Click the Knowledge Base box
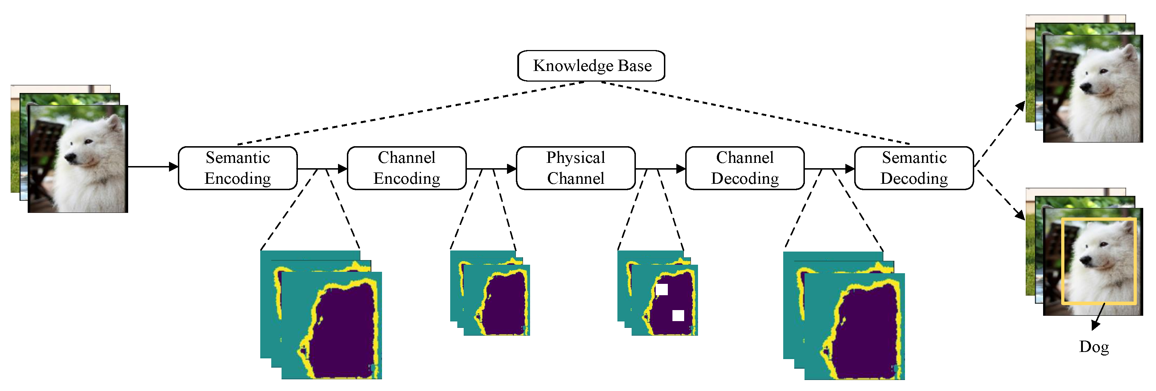click(x=591, y=66)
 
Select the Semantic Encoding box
click(x=238, y=168)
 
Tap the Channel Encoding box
click(x=407, y=168)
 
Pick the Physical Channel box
click(x=576, y=168)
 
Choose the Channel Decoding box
click(x=745, y=168)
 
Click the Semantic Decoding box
click(x=914, y=168)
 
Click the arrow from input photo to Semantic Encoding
click(x=150, y=167)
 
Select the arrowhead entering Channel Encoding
click(x=343, y=169)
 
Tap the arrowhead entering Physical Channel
click(x=512, y=169)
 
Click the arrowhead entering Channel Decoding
click(x=681, y=169)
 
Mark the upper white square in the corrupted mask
click(x=661, y=290)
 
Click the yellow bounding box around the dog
click(x=1063, y=260)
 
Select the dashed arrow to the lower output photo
click(x=1001, y=195)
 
